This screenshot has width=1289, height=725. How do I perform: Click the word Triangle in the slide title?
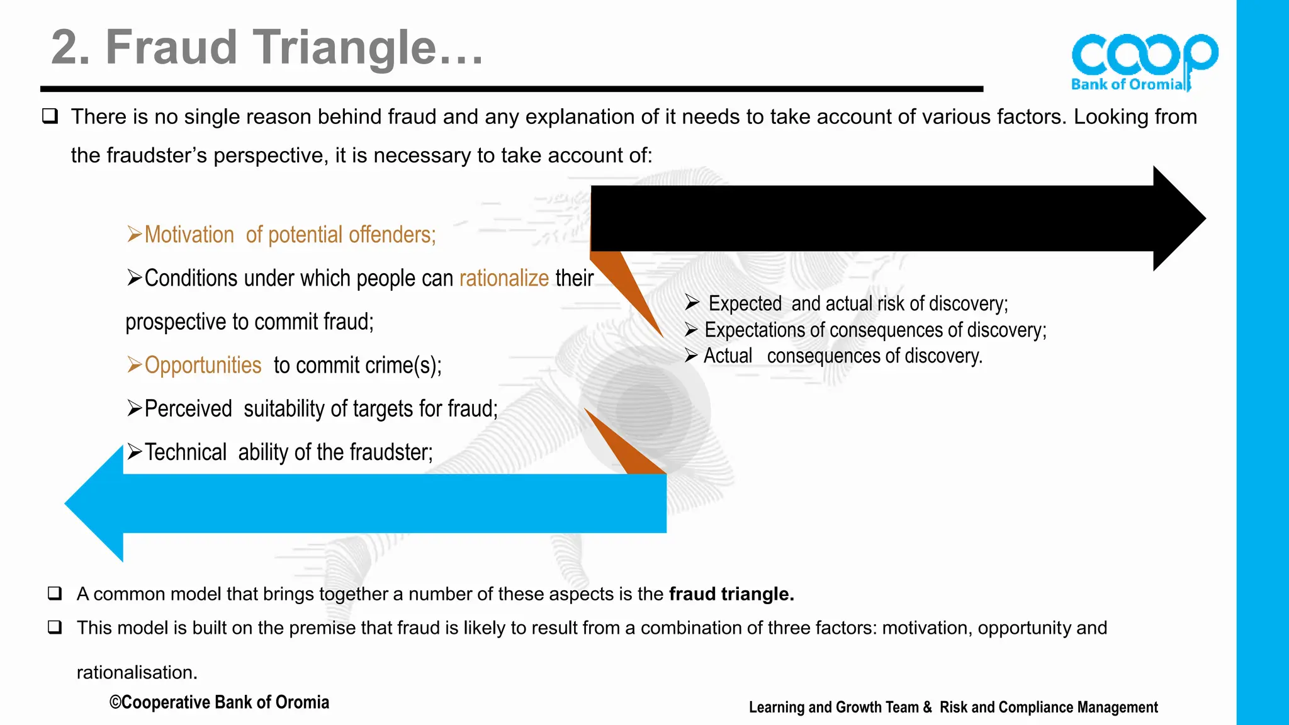[x=345, y=48]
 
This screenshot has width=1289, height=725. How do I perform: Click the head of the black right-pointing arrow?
[x=1178, y=218]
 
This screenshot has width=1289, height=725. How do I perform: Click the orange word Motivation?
[x=189, y=235]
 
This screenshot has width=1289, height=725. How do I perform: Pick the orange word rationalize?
[x=504, y=278]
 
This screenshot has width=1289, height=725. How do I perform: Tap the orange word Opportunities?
[x=203, y=365]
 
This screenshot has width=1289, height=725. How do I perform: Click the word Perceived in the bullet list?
[x=188, y=409]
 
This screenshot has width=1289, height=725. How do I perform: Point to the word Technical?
[x=186, y=452]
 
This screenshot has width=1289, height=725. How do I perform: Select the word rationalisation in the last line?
[x=137, y=673]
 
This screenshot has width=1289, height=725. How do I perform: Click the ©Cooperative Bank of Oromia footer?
[x=219, y=702]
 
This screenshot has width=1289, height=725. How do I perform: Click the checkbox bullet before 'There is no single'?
[x=50, y=116]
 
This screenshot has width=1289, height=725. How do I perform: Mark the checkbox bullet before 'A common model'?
[x=55, y=593]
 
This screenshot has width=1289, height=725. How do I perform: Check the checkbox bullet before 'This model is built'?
[x=55, y=627]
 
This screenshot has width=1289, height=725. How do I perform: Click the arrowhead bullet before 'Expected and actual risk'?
[x=692, y=303]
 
